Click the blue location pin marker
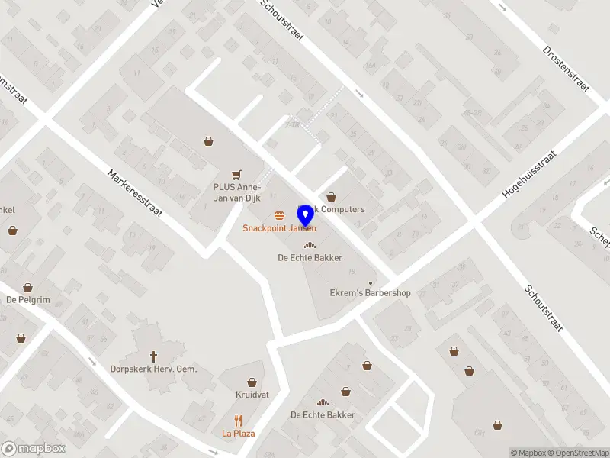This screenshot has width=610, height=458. coord(306,214)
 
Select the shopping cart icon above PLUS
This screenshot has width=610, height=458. coord(236,175)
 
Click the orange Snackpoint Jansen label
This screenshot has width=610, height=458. coord(279,228)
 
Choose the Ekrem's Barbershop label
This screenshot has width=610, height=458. coord(370,293)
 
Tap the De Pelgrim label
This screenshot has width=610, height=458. coord(28,300)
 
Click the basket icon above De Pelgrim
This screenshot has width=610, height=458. coord(28,287)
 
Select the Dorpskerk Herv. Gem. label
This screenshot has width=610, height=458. coord(153,369)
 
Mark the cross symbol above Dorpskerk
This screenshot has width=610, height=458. coord(153,356)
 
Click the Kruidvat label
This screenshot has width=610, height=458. coord(252,395)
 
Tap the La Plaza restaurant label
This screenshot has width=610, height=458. coord(239,434)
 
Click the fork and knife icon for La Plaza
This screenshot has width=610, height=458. coord(238,420)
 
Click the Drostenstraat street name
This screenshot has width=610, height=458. coord(566,68)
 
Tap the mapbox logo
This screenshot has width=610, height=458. coord(34,449)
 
